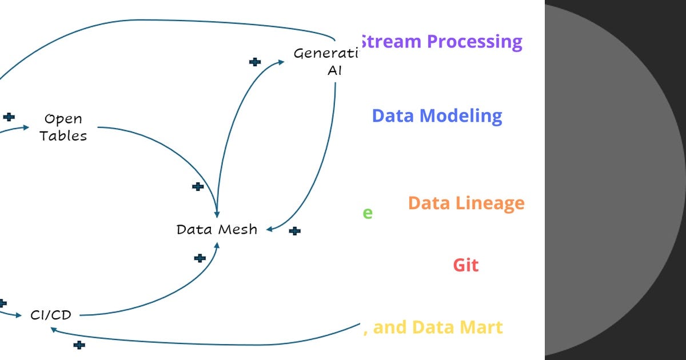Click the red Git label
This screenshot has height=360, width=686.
point(465,265)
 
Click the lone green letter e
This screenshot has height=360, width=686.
point(368,213)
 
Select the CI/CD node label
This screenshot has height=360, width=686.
point(51,315)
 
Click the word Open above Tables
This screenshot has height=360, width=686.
point(63,119)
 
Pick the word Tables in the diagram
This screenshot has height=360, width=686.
point(63,136)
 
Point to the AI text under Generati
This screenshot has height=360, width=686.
point(334,71)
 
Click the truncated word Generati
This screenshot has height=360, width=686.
point(325,54)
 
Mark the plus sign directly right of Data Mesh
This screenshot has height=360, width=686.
point(294,231)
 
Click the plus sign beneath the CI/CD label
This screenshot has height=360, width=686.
point(79,345)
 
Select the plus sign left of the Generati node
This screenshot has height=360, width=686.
point(255,62)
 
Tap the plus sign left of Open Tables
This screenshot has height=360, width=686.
point(9,117)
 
